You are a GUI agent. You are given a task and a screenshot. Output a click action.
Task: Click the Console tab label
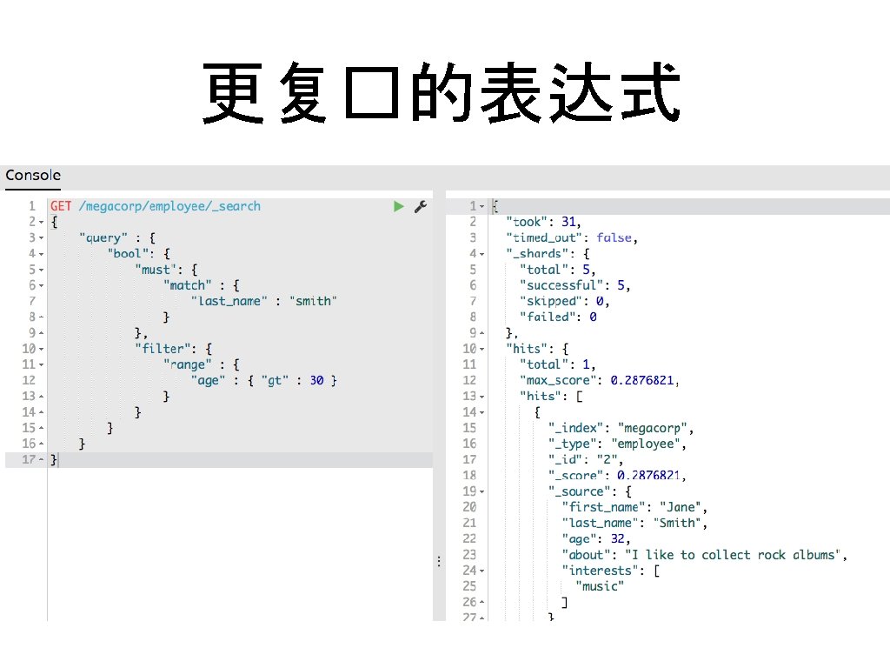click(x=33, y=176)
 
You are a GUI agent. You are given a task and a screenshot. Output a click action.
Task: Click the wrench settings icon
click(x=420, y=206)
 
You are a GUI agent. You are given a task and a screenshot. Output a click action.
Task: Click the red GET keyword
click(x=61, y=206)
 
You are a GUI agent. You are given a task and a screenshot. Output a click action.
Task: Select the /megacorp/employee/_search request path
click(x=169, y=206)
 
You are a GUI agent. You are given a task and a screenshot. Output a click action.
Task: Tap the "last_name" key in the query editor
click(x=228, y=301)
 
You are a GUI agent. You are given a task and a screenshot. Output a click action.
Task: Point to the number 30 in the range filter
click(x=316, y=380)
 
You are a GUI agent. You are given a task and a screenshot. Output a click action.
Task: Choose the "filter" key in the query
click(x=163, y=349)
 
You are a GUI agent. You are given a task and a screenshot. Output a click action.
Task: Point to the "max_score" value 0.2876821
click(x=639, y=380)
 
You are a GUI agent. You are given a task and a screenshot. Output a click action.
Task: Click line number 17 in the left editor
click(x=29, y=459)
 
